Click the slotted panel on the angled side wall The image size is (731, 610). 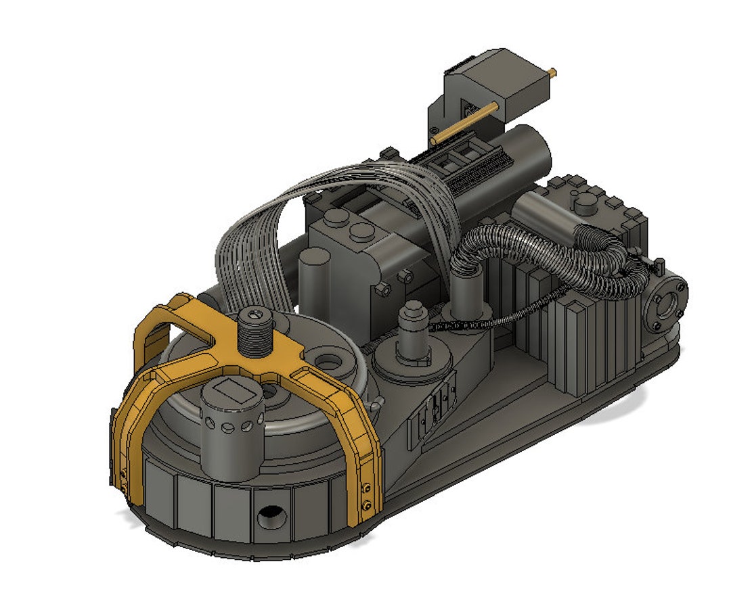point(433,408)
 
